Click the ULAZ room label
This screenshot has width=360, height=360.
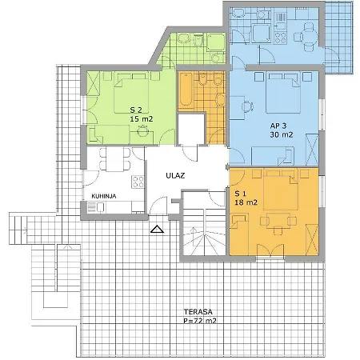coord(175,176)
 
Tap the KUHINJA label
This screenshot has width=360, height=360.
coord(104,196)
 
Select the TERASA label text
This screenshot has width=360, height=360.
coord(198,312)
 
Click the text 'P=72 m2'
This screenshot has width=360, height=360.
coord(200,321)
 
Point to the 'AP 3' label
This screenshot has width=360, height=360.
coord(278,126)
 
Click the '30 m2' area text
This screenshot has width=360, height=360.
coord(282,134)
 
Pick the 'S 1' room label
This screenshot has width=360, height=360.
coord(241,194)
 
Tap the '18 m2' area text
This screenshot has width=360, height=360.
coord(246,202)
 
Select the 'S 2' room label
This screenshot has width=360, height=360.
coord(136,110)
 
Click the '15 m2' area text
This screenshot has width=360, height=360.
coord(142,119)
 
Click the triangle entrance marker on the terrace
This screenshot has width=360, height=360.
coord(157,229)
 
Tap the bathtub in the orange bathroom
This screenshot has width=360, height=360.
coord(186,89)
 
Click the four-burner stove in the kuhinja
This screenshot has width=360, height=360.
coord(138,182)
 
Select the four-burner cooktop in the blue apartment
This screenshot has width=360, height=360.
coord(280,38)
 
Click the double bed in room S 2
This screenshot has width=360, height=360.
coord(131,93)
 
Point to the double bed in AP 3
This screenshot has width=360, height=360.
coord(283,93)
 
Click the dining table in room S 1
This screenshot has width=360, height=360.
coord(278,220)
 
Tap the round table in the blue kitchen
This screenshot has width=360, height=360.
coord(309,37)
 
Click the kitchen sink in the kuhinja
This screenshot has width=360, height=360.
coord(95,207)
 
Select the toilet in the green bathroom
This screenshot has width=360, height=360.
coord(198,41)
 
